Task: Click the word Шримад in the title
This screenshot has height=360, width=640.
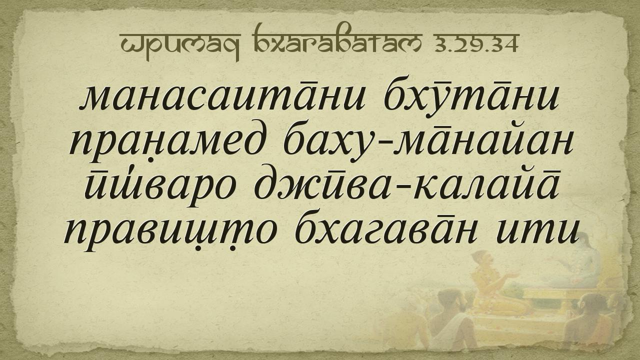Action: point(179,46)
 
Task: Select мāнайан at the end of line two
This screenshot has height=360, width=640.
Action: point(483,143)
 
